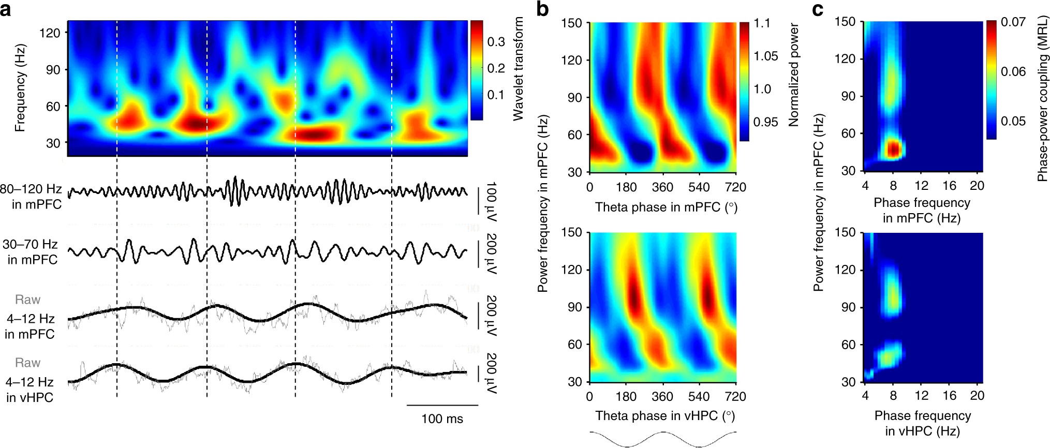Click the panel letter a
6,9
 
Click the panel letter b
542,9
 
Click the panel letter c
818,9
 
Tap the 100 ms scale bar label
442,419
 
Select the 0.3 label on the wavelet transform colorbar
496,42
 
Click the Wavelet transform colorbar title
518,68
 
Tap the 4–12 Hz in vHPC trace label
30,389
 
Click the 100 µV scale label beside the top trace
491,202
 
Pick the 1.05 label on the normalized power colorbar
765,56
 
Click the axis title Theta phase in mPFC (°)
666,207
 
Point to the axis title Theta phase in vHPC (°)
665,416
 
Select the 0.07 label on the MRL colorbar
1013,22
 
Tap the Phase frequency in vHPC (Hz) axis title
923,423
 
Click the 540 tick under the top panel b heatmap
699,187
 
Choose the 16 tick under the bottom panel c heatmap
949,396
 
